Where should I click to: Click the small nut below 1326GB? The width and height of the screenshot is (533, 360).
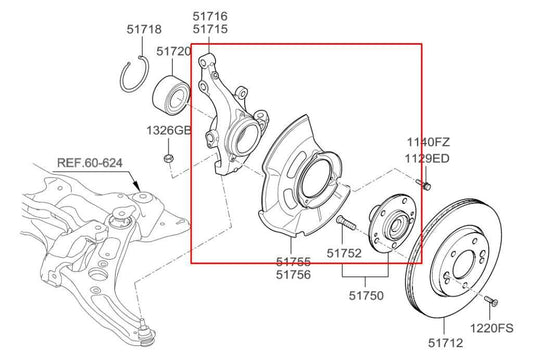pos(169,155)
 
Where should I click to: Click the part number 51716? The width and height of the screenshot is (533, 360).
pos(211,17)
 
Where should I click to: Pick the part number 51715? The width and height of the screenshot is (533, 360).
pos(211,31)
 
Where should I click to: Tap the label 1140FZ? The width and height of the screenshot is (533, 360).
pos(428,142)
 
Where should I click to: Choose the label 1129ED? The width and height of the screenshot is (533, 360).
pos(428,158)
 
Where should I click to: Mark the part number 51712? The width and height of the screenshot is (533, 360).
pos(449,343)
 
